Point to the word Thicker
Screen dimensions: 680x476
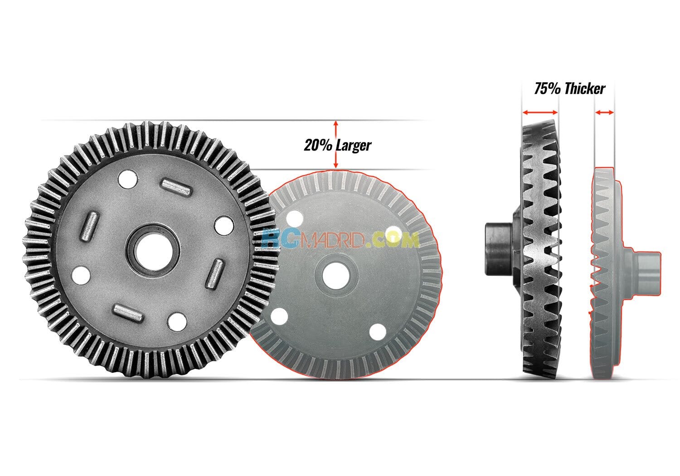point(585,89)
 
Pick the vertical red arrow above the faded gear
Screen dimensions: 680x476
point(336,144)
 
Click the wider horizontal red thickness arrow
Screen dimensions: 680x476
point(540,112)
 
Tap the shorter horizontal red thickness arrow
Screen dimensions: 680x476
point(604,112)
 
